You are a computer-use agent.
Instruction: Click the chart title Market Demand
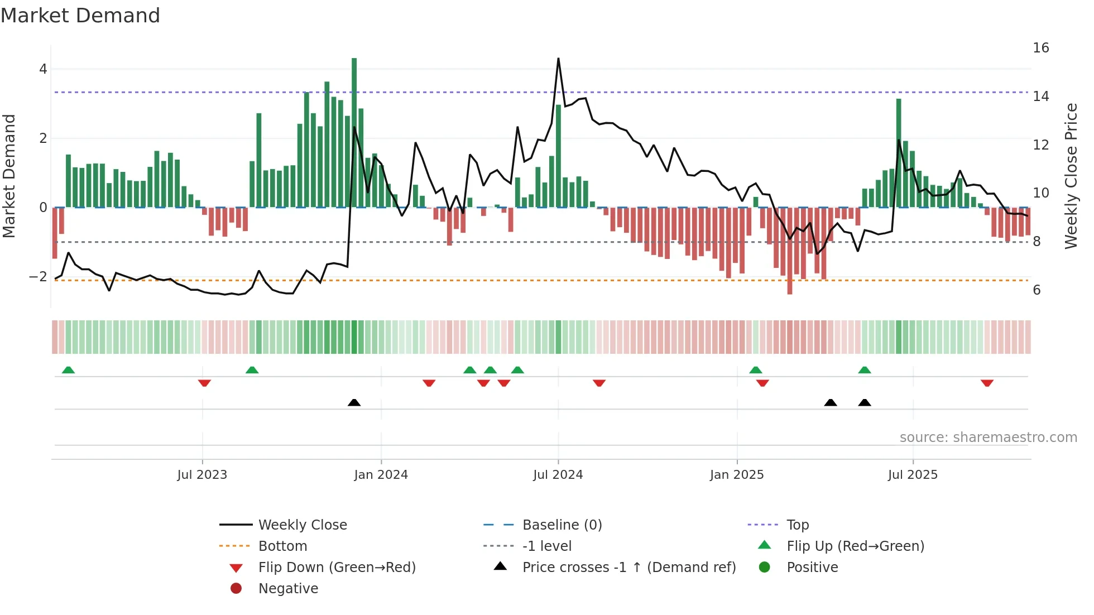coord(80,16)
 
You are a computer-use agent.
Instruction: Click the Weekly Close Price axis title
coord(1071,176)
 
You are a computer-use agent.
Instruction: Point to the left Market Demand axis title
coord(9,176)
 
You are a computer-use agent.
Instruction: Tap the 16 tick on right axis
coord(1040,48)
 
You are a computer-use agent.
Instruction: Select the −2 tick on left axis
coord(38,277)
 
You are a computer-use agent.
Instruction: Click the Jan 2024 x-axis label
coord(381,475)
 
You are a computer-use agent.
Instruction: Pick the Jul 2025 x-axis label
coord(913,475)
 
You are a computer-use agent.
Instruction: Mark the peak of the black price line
coord(558,59)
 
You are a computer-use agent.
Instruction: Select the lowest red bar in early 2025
coord(789,251)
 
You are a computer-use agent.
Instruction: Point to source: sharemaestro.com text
coord(988,438)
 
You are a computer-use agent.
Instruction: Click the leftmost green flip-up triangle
coord(68,370)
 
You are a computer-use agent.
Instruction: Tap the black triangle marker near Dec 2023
coord(354,402)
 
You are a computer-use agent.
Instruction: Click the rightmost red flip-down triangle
coord(987,383)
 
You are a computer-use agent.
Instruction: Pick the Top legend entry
coord(797,525)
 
